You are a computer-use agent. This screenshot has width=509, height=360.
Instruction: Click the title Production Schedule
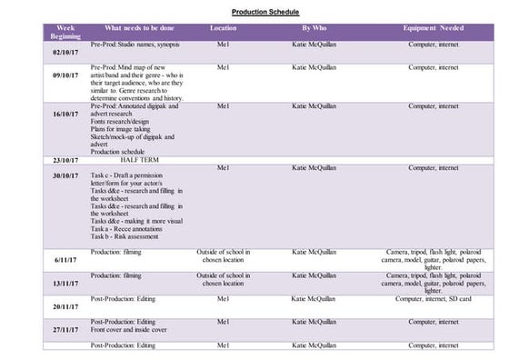click(x=254, y=13)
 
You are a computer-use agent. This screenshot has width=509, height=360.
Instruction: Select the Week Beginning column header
click(x=65, y=32)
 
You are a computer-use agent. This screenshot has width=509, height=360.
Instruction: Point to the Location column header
click(x=223, y=28)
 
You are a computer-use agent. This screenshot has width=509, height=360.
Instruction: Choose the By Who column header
click(x=314, y=28)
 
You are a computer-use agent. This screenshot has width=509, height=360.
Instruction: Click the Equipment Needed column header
click(x=434, y=28)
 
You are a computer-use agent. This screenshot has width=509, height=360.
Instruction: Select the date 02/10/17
click(x=65, y=52)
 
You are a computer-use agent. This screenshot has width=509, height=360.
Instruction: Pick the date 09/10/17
click(x=65, y=76)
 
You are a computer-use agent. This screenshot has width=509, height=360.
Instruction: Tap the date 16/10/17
click(x=65, y=115)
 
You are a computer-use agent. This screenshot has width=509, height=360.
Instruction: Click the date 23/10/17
click(x=65, y=159)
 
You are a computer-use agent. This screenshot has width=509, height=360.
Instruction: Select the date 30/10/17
click(x=65, y=175)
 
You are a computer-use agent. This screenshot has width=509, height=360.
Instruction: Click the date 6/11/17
click(x=65, y=259)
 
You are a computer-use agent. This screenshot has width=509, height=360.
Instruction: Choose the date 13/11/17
click(x=65, y=283)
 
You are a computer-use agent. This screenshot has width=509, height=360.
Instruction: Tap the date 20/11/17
click(x=65, y=306)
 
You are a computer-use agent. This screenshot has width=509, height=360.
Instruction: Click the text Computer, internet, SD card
click(x=434, y=298)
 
